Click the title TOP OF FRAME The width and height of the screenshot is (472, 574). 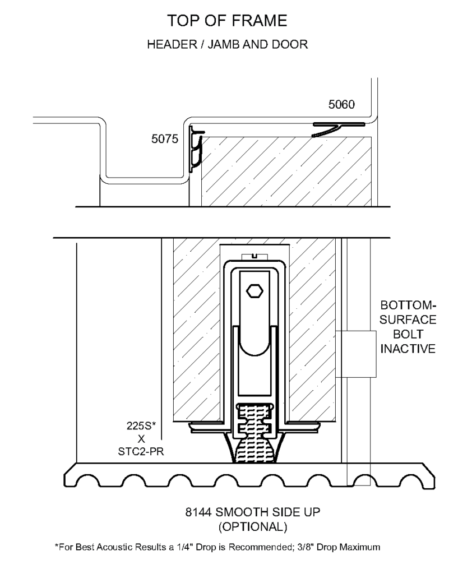(227, 21)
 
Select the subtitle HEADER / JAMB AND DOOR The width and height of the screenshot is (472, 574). (228, 44)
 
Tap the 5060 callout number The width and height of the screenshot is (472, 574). (341, 104)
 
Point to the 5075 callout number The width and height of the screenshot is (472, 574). (165, 139)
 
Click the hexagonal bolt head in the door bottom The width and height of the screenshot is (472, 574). (255, 291)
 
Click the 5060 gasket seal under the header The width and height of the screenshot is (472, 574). (338, 129)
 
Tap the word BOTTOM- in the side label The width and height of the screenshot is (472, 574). (408, 305)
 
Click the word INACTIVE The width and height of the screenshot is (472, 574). (408, 349)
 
